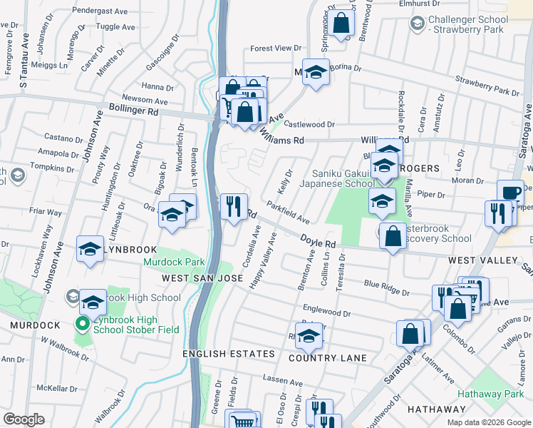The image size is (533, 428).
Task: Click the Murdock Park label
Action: [173, 263]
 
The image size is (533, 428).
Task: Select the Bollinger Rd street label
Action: [134, 111]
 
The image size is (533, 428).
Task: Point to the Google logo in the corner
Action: [24, 419]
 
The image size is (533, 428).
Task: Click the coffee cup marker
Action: [509, 193]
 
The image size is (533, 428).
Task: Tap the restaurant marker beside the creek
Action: [234, 208]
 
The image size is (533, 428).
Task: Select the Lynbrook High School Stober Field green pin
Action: [83, 325]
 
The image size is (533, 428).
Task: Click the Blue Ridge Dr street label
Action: [386, 287]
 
